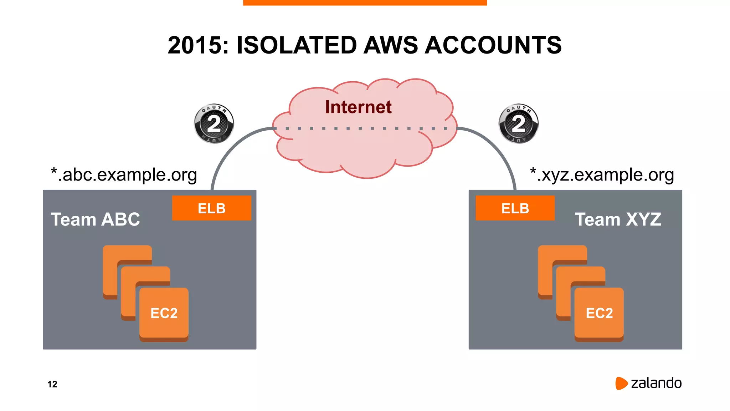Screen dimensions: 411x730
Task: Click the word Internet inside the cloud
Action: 358,107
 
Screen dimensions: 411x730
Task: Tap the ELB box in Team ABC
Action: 211,208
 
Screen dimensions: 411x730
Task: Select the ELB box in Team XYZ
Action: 515,208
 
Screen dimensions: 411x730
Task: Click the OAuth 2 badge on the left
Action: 214,124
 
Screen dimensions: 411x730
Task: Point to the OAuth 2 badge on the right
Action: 519,124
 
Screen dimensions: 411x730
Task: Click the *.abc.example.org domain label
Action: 124,175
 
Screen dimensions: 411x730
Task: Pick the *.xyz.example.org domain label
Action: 602,175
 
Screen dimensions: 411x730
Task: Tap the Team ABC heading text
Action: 96,219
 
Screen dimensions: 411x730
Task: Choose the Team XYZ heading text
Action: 618,219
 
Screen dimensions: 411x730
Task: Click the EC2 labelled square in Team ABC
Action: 164,313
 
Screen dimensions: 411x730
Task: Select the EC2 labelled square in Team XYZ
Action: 599,313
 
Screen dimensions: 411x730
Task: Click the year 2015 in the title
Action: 198,45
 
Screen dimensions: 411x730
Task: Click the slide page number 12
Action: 52,384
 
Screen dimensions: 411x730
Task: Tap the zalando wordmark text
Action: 656,383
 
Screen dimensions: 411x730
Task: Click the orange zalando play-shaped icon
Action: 621,383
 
